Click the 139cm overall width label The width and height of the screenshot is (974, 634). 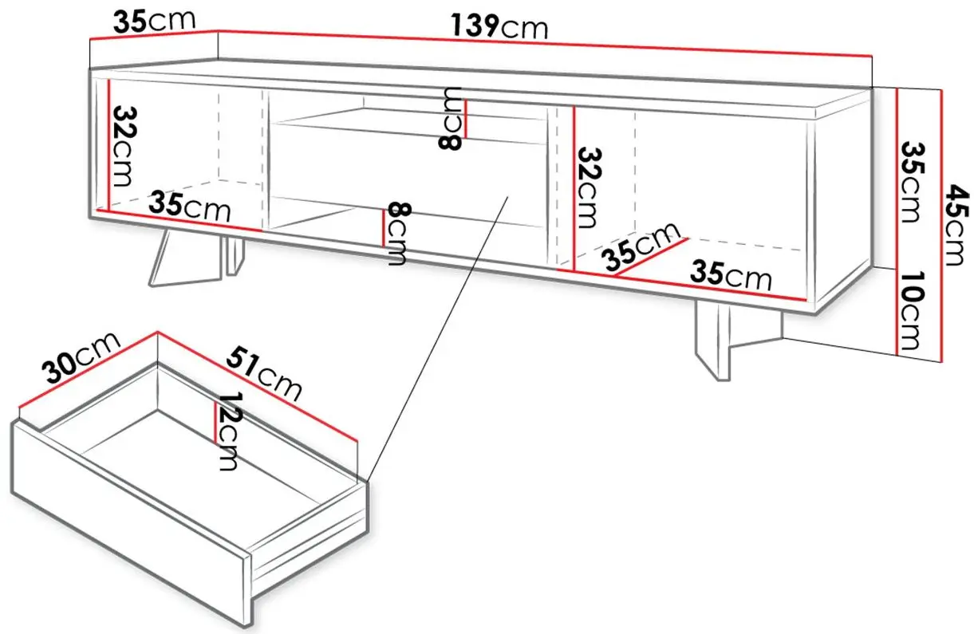pos(499,26)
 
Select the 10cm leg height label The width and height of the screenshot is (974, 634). pos(910,310)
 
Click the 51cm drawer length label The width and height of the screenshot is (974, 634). pos(263,372)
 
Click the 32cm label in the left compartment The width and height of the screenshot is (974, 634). pos(123,147)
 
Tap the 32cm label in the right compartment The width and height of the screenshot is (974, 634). pos(589,188)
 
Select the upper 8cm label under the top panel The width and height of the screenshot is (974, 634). pos(450,119)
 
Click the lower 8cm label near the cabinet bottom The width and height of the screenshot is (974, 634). pos(396,234)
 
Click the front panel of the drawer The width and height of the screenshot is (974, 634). pos(131,526)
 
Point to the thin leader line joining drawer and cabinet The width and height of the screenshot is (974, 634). pos(437,339)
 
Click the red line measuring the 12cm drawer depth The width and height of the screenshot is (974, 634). pos(215,422)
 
